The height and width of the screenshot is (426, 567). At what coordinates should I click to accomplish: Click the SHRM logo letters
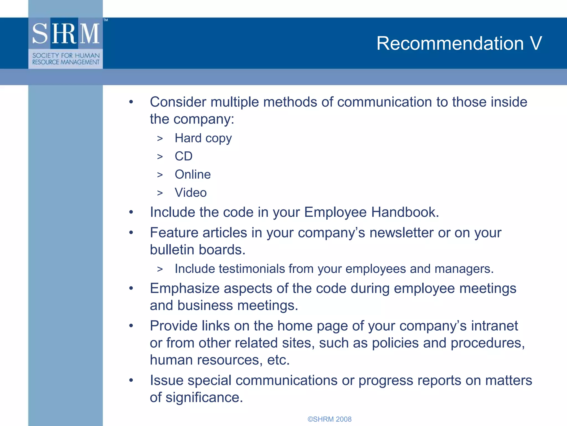66,34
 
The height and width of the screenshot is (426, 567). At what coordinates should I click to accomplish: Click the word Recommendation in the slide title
450,44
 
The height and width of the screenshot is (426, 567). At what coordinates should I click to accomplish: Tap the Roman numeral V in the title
536,44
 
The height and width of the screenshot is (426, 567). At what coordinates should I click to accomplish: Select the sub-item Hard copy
203,138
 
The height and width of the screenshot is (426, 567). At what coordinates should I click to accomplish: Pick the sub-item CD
183,156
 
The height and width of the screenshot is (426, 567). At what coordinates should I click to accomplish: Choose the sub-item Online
193,174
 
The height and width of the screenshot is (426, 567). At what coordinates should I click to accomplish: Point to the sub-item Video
190,193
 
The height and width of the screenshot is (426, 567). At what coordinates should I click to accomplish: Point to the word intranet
494,326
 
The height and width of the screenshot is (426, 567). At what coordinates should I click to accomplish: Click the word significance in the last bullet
204,397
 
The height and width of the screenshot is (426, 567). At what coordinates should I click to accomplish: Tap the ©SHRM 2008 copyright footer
329,419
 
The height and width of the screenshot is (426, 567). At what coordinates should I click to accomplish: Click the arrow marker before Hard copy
160,138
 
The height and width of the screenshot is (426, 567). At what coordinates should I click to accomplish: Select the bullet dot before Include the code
131,212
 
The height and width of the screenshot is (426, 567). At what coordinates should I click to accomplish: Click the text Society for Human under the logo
66,55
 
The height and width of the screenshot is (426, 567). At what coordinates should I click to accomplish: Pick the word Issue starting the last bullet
166,380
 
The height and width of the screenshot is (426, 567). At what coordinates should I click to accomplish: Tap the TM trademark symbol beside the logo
105,20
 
